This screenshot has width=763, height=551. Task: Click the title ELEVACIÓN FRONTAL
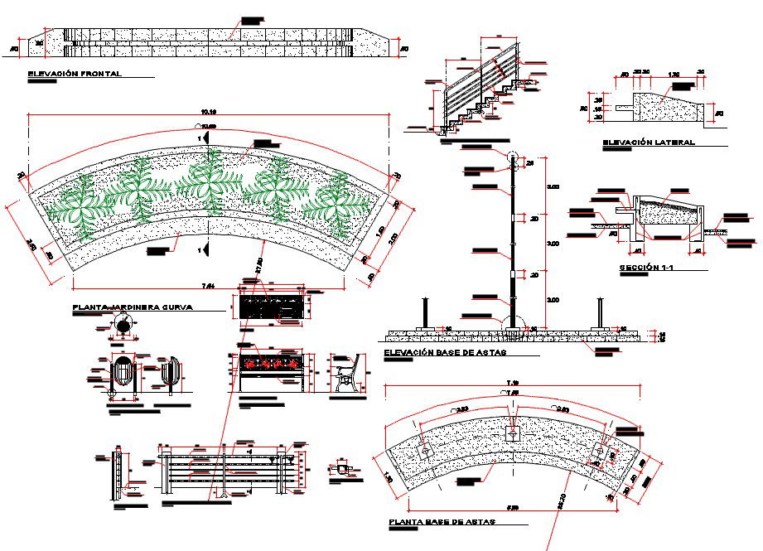click(75, 74)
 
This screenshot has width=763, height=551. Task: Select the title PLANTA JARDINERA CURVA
click(133, 307)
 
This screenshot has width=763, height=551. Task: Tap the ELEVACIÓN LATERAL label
click(649, 143)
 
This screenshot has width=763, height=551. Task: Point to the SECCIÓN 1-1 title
click(652, 268)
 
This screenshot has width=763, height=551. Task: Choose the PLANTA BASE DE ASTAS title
click(441, 523)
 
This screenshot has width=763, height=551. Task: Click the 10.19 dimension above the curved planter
click(208, 111)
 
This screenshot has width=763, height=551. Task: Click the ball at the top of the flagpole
click(513, 157)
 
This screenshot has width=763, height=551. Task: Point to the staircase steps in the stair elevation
click(476, 108)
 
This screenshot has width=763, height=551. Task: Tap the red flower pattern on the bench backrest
click(270, 363)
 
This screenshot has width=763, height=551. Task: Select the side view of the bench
click(347, 375)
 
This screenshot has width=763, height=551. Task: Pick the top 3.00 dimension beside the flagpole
click(553, 186)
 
